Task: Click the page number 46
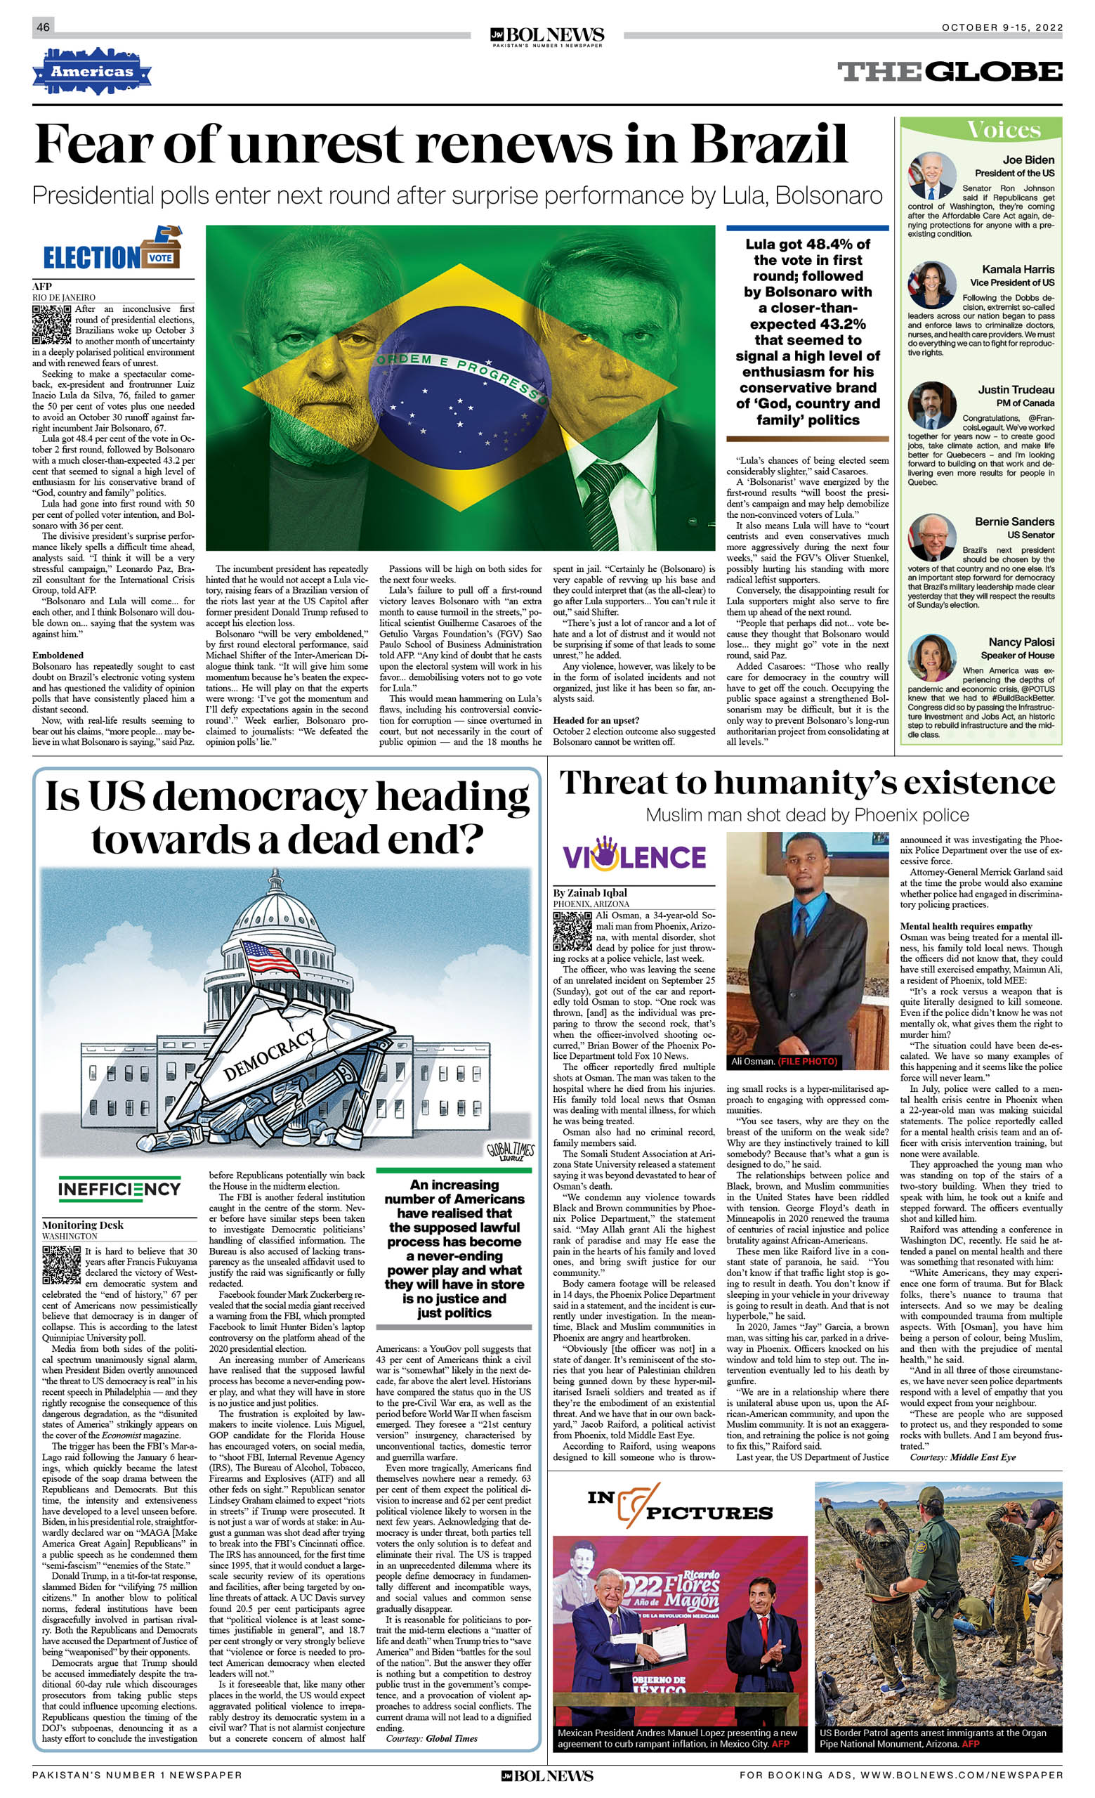(43, 27)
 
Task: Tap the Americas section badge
(91, 72)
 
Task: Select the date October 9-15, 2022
(1002, 27)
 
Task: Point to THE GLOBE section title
(949, 72)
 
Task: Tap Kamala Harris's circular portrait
(931, 285)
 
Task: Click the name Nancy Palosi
(1021, 642)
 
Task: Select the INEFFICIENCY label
(119, 1190)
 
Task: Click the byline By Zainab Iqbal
(589, 892)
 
